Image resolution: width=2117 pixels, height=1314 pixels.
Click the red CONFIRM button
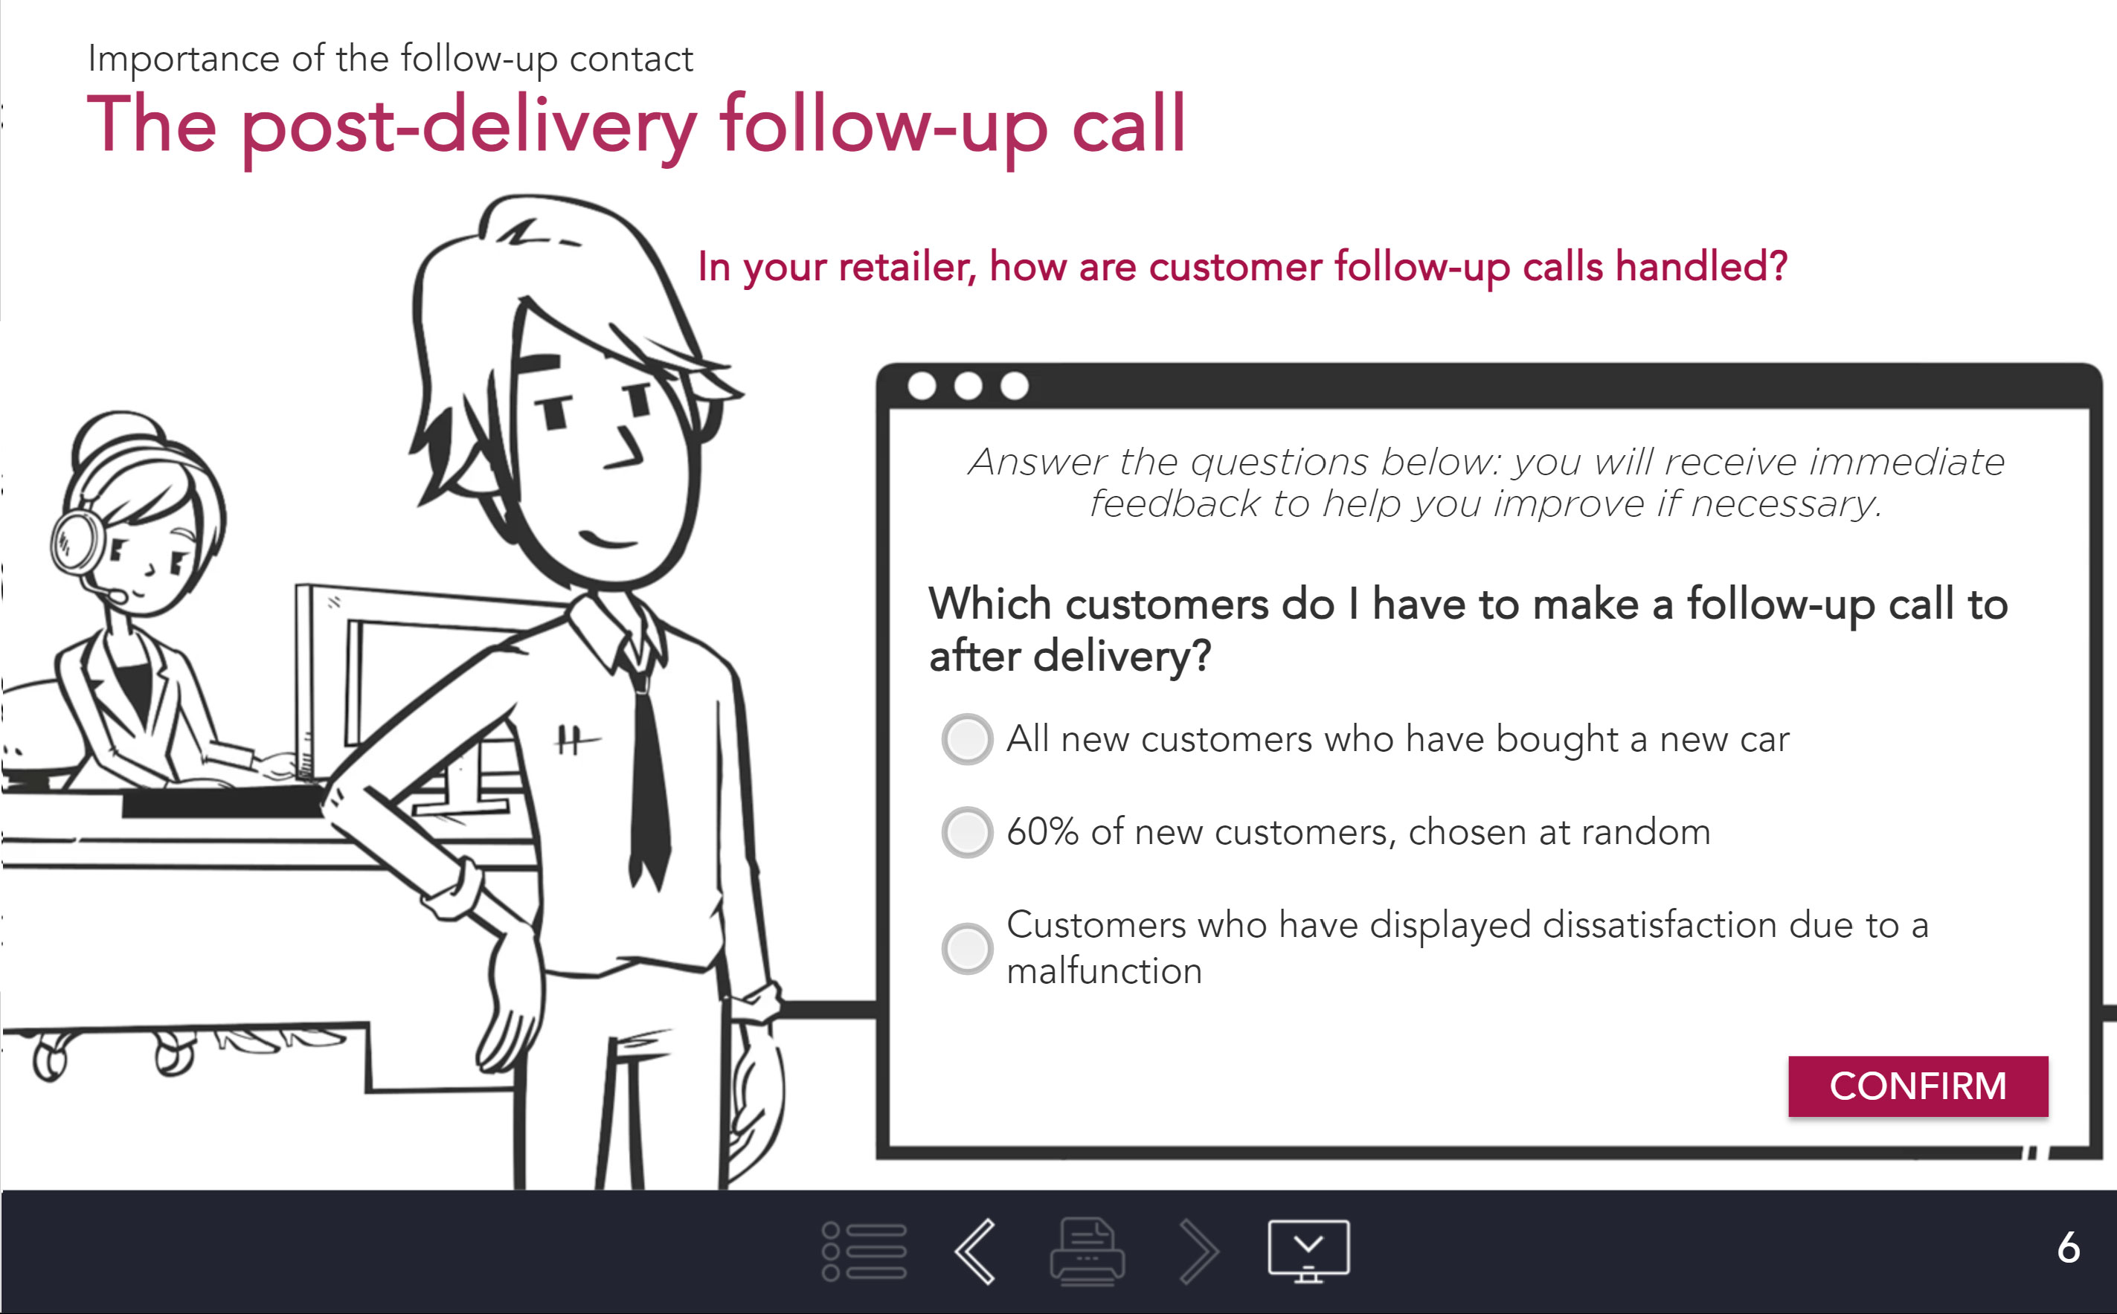(x=1917, y=1086)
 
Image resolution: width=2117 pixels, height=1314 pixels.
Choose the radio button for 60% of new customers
(x=966, y=833)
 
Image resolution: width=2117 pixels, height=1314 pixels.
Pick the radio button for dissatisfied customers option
(x=966, y=948)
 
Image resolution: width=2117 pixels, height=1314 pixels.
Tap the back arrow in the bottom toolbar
(x=975, y=1252)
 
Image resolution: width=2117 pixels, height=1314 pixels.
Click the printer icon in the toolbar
(x=1088, y=1252)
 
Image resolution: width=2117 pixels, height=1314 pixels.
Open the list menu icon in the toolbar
(x=864, y=1252)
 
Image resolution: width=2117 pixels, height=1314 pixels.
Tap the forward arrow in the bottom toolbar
(x=1199, y=1252)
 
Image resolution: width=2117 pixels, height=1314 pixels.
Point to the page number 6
(x=2069, y=1248)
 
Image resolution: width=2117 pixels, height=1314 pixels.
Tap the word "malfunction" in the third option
(x=1104, y=970)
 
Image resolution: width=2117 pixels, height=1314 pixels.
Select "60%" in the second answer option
(x=1043, y=831)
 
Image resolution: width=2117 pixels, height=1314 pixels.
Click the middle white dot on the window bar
(x=968, y=385)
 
